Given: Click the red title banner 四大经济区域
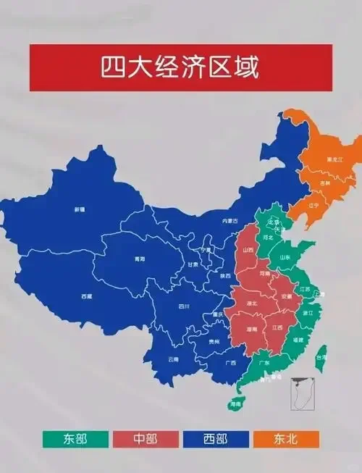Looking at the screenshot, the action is [181, 67].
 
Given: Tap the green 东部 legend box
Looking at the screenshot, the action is [75, 439].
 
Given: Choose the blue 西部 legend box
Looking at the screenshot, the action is [215, 439].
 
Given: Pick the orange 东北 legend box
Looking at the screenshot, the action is [285, 439].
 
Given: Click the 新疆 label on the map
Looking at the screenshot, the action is [79, 209].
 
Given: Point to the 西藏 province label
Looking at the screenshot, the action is [87, 296].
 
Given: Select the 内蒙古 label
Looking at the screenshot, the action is [230, 220].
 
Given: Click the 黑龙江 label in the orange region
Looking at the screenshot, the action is [334, 159].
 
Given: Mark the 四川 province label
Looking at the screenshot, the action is [184, 306].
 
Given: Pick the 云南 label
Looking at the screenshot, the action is [173, 359].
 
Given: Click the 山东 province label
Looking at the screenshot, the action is [285, 257].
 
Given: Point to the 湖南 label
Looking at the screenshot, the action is [251, 329].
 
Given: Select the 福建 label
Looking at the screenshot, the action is [298, 338].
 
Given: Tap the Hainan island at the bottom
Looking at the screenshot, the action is [235, 402].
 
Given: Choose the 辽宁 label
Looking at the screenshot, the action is [313, 204].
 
